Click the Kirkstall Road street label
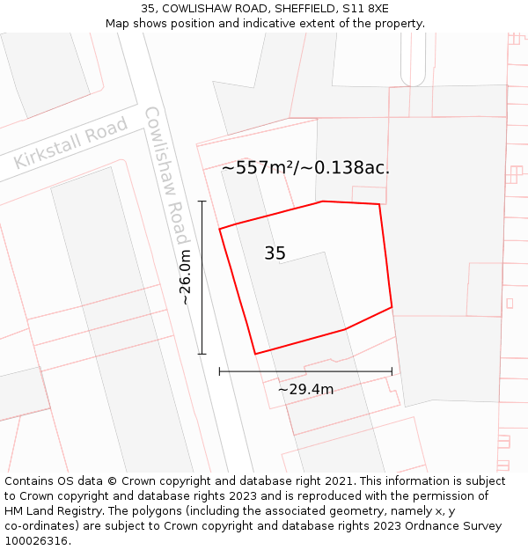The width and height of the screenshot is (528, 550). (71, 143)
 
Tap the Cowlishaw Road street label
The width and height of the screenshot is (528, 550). (166, 176)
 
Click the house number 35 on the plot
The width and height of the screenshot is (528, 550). (275, 253)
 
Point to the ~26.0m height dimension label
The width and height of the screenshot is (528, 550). (185, 277)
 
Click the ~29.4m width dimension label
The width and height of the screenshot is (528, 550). (305, 389)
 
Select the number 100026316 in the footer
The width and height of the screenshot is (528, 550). (35, 540)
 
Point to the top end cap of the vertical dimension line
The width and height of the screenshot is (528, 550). (202, 202)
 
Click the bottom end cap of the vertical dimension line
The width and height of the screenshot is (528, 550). (202, 354)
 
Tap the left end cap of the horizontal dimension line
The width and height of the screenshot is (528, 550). (220, 372)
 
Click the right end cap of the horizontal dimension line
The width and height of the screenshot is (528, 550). (392, 372)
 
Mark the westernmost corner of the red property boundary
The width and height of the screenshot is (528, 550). (220, 229)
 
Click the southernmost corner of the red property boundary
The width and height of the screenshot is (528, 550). (255, 354)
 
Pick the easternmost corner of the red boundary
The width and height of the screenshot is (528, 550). (392, 307)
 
